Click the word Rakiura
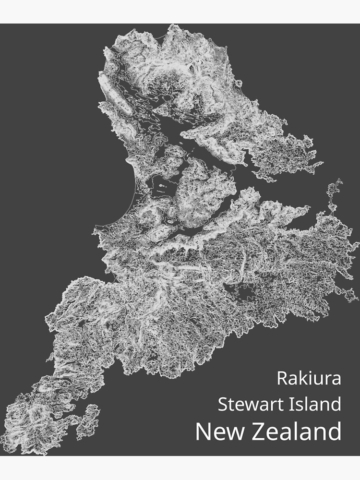click(x=309, y=378)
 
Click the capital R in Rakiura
click(x=282, y=378)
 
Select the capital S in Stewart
click(x=223, y=404)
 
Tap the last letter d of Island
click(x=336, y=404)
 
